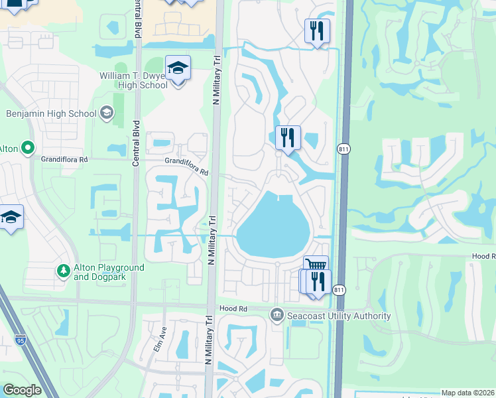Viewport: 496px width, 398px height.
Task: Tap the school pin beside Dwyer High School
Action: [x=178, y=68]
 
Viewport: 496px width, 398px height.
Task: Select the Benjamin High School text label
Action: [x=51, y=113]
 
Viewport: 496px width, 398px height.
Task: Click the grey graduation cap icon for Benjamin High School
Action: [x=106, y=113]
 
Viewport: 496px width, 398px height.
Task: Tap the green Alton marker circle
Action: [x=27, y=147]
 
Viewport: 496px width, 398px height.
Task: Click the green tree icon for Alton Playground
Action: [x=64, y=271]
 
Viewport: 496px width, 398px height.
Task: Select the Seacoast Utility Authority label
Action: [x=338, y=316]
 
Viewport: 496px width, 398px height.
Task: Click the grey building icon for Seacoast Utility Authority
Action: [x=277, y=314]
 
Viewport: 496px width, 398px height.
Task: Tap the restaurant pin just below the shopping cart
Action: [x=318, y=281]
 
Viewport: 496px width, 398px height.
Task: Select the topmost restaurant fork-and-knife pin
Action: [x=317, y=31]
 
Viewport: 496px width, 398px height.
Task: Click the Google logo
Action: [x=22, y=390]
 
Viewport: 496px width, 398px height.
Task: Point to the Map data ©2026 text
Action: [x=467, y=393]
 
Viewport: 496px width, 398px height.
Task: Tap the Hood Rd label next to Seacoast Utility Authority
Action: [x=233, y=309]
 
